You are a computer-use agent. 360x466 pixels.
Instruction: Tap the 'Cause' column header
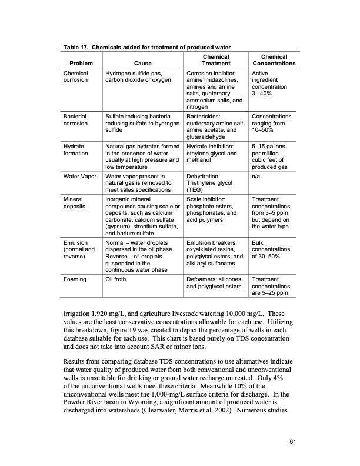tap(142, 63)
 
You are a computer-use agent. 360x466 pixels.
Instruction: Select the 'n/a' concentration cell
tap(255, 175)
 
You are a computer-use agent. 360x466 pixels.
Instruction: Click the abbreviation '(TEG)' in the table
tap(196, 190)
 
